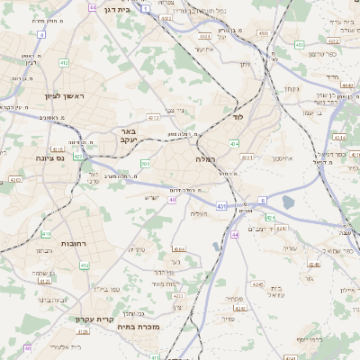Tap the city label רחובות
click(72, 244)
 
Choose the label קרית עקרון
click(93, 319)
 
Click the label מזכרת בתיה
click(139, 327)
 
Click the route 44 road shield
click(235, 234)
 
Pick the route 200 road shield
click(145, 163)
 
